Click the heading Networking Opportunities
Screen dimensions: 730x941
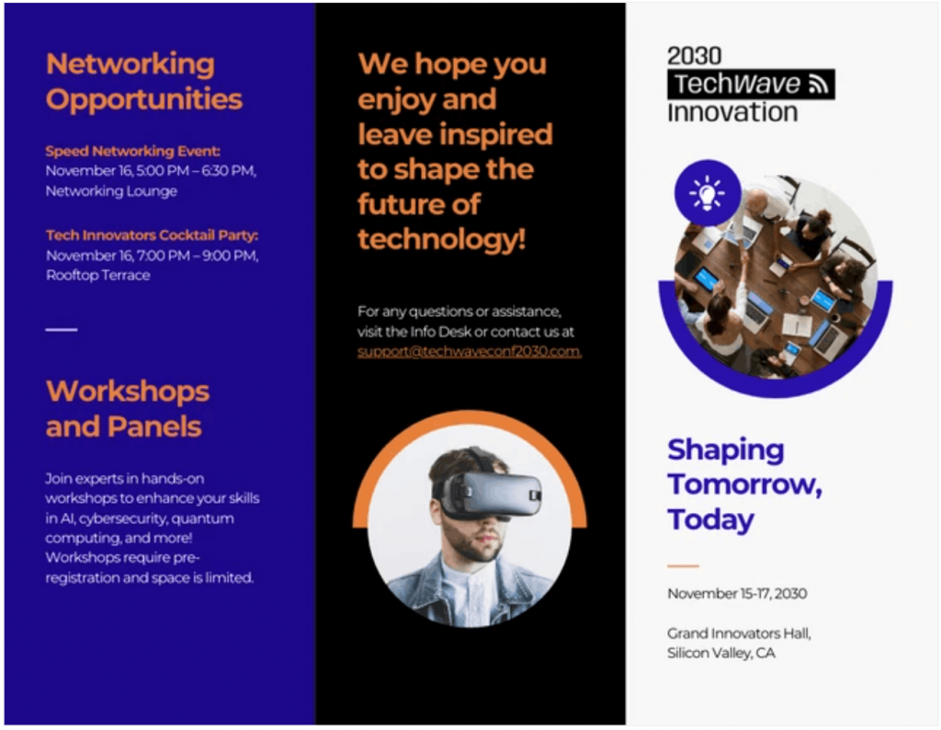[x=143, y=81]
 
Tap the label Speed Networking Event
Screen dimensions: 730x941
[x=133, y=151]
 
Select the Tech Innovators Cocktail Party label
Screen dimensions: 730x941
[x=152, y=235]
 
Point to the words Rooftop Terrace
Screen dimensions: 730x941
[x=97, y=275]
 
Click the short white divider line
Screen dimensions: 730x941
[x=62, y=329]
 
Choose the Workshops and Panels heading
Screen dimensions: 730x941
[x=127, y=408]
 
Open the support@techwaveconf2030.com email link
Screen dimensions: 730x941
[x=469, y=351]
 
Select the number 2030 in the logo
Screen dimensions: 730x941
[x=694, y=56]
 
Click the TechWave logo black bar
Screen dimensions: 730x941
[x=750, y=85]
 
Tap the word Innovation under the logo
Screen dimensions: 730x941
[x=731, y=113]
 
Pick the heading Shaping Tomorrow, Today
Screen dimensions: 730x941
[x=744, y=485]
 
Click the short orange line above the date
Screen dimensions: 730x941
[x=683, y=565]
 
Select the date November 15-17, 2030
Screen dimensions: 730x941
[x=737, y=594]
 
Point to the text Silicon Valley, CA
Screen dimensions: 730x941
[x=720, y=654]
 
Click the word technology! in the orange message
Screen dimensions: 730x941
[x=441, y=239]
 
